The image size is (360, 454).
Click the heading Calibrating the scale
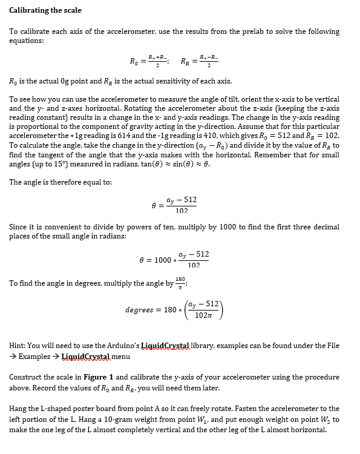45,10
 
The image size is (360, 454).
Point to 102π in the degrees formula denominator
204,315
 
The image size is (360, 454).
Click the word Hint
19,346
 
